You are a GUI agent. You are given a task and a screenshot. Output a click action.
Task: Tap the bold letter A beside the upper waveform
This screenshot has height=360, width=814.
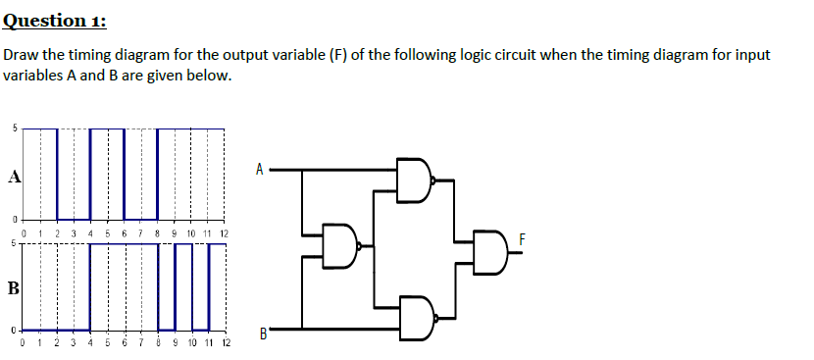click(13, 178)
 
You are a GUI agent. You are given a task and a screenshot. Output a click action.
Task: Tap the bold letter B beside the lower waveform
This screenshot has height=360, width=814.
click(13, 288)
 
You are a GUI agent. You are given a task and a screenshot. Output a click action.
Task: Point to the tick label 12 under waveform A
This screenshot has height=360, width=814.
click(224, 234)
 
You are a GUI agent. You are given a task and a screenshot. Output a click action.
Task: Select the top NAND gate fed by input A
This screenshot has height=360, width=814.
click(414, 180)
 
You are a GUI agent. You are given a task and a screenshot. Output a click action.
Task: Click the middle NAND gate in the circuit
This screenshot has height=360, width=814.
click(340, 247)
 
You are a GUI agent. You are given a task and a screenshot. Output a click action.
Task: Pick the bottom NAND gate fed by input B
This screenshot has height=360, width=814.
click(415, 318)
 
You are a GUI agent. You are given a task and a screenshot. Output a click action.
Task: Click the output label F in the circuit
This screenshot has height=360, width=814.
click(524, 238)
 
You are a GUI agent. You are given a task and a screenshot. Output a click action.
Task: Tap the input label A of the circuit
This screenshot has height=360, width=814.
click(259, 169)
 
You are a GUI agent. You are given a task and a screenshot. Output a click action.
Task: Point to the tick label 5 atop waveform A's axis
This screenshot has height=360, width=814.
click(14, 128)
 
